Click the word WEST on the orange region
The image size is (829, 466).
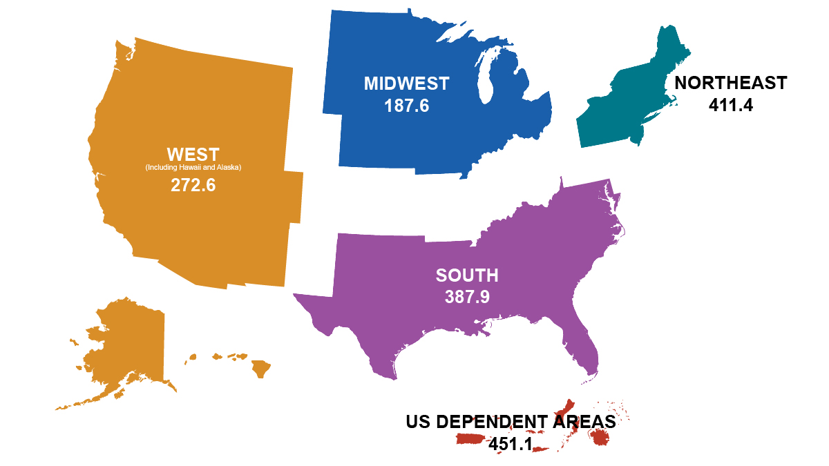[x=193, y=154]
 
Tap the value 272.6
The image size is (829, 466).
[x=193, y=185]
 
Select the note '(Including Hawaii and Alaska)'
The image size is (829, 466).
[x=193, y=168]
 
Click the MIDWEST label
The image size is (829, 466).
[x=406, y=84]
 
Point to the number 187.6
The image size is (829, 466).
[x=406, y=106]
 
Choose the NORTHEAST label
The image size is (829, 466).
[x=730, y=83]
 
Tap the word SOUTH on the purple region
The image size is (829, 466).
[x=467, y=275]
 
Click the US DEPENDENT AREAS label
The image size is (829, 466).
[x=510, y=422]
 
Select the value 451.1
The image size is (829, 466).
[x=510, y=444]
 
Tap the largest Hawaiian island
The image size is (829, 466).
[x=260, y=369]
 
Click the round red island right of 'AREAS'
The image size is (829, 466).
[x=600, y=437]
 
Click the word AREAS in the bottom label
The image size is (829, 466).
[x=584, y=422]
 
